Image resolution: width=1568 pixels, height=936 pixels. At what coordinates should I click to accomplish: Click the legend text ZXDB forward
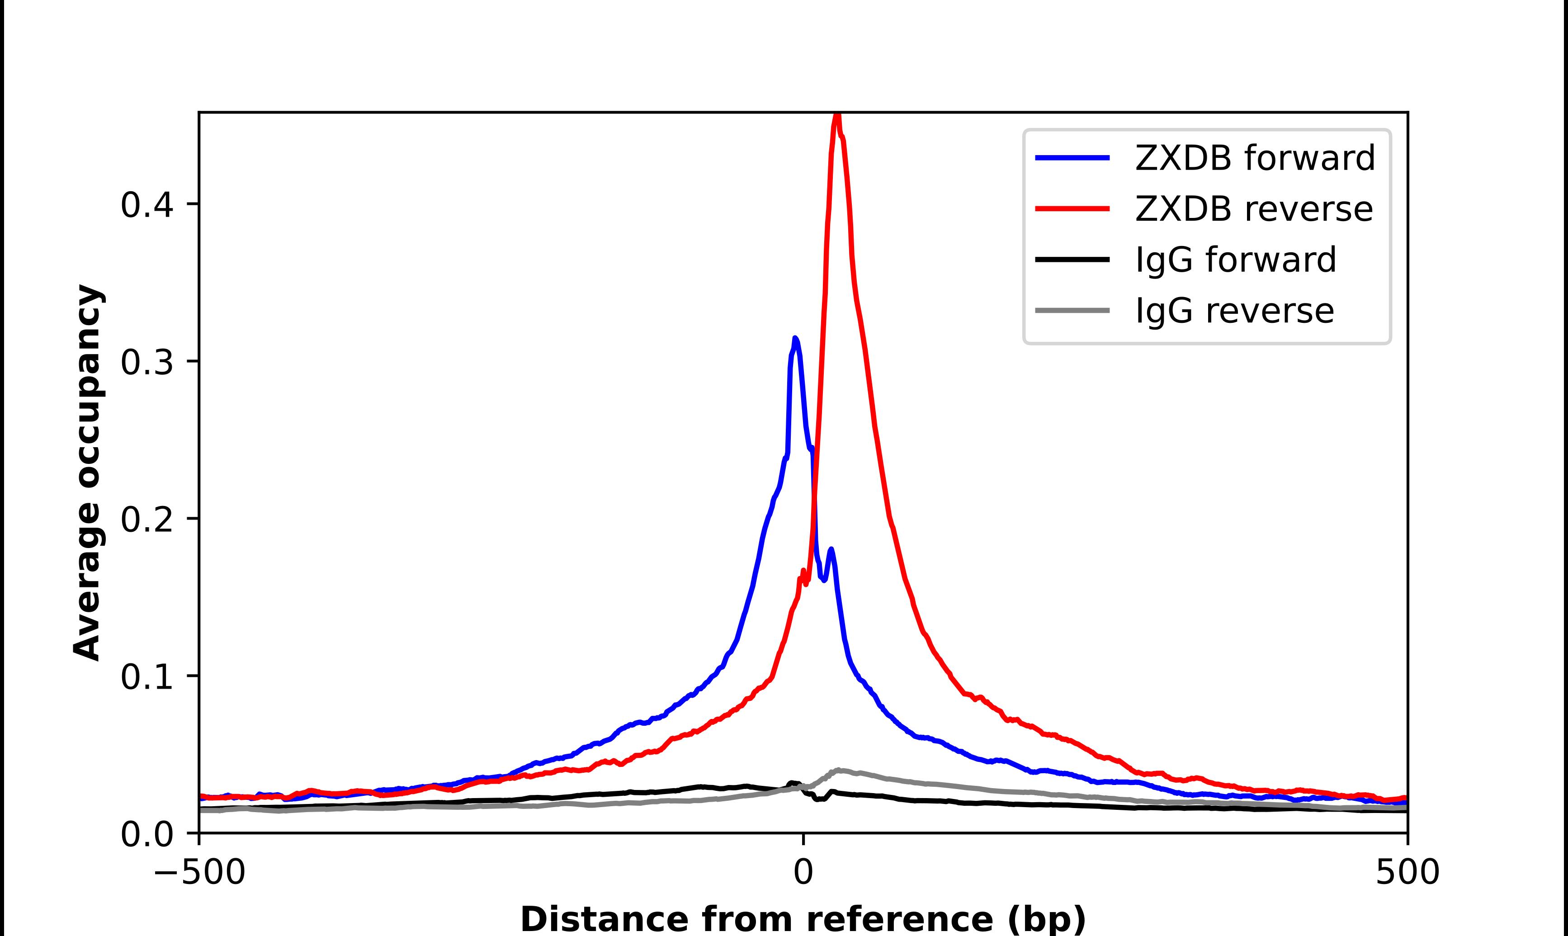click(x=1255, y=158)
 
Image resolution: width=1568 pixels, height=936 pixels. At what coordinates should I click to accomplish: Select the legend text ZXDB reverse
click(x=1253, y=209)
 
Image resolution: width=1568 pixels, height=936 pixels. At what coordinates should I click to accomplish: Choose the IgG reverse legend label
click(x=1234, y=310)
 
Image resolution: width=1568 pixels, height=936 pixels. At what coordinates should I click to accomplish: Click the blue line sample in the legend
click(x=1072, y=158)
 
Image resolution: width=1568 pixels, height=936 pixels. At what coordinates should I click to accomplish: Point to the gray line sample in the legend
click(x=1072, y=310)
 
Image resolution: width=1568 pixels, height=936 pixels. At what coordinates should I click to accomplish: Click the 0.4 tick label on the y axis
click(x=146, y=205)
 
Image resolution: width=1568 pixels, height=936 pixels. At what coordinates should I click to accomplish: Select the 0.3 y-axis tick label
click(x=146, y=362)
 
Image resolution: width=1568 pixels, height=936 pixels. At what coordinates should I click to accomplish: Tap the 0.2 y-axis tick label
click(x=146, y=520)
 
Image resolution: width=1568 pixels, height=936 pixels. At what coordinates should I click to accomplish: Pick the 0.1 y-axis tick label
click(x=146, y=677)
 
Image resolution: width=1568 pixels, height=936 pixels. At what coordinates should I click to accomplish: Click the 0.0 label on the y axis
click(x=146, y=834)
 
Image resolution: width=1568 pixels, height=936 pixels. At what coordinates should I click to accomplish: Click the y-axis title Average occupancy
click(x=87, y=473)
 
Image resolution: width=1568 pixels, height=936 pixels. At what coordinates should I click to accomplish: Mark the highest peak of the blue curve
click(x=796, y=339)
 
